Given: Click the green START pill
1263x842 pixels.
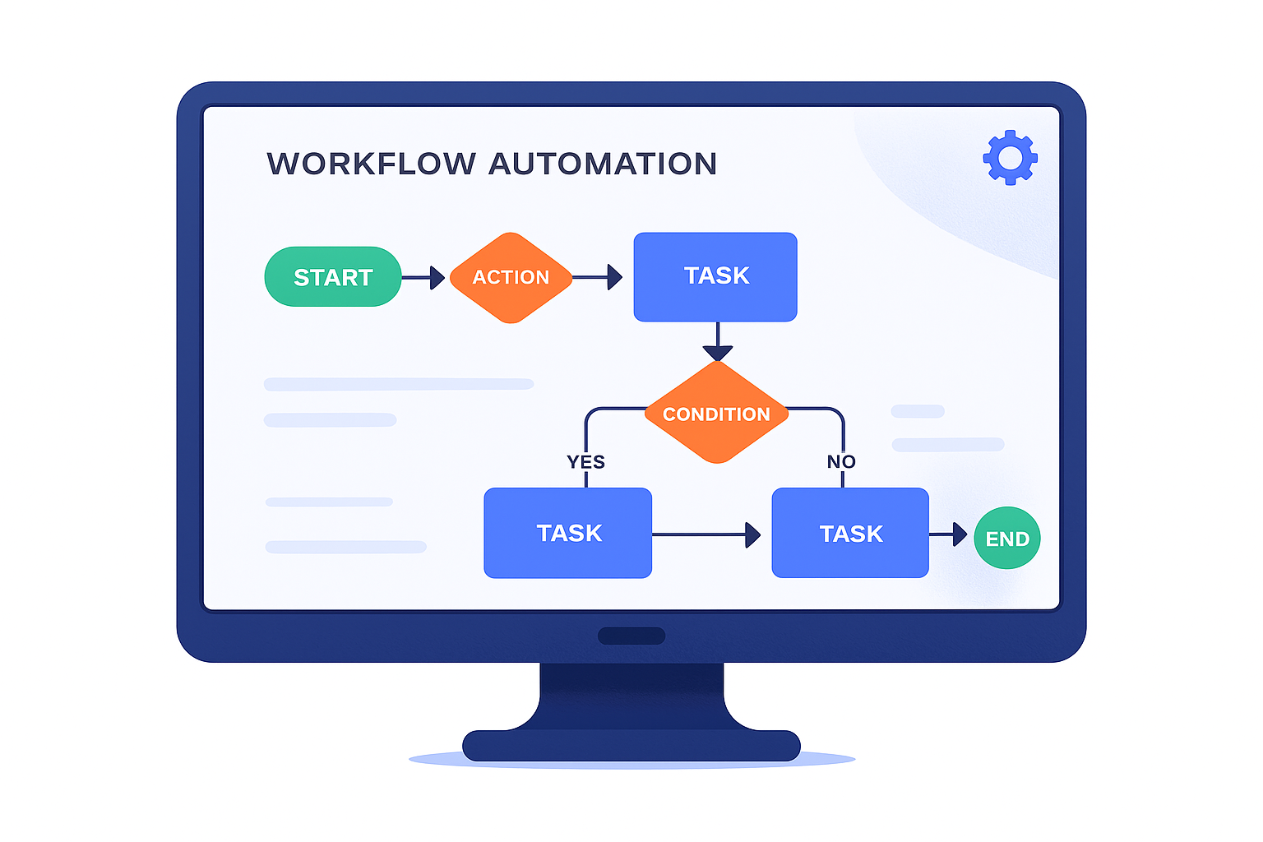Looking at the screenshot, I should (333, 277).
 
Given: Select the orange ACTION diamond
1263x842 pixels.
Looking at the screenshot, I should (511, 277).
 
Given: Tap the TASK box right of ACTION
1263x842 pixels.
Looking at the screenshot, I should (715, 276).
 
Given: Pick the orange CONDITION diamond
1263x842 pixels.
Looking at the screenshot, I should (716, 413).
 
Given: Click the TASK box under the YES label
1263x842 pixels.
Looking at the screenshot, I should (568, 533).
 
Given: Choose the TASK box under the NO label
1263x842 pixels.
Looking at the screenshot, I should (850, 533).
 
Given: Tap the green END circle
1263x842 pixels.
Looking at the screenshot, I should (1007, 538).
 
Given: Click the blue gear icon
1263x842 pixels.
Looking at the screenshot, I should (1010, 157).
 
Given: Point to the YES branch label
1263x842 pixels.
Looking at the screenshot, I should (585, 462).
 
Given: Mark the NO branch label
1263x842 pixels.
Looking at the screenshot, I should (841, 462).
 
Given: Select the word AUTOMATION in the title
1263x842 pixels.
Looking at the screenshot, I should (603, 164).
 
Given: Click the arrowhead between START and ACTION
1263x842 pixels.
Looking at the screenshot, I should (437, 278).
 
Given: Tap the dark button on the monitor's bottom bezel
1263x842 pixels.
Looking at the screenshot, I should (631, 636).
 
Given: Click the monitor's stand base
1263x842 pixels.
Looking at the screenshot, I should (631, 745).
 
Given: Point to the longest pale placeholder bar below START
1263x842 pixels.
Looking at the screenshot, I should (399, 384).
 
